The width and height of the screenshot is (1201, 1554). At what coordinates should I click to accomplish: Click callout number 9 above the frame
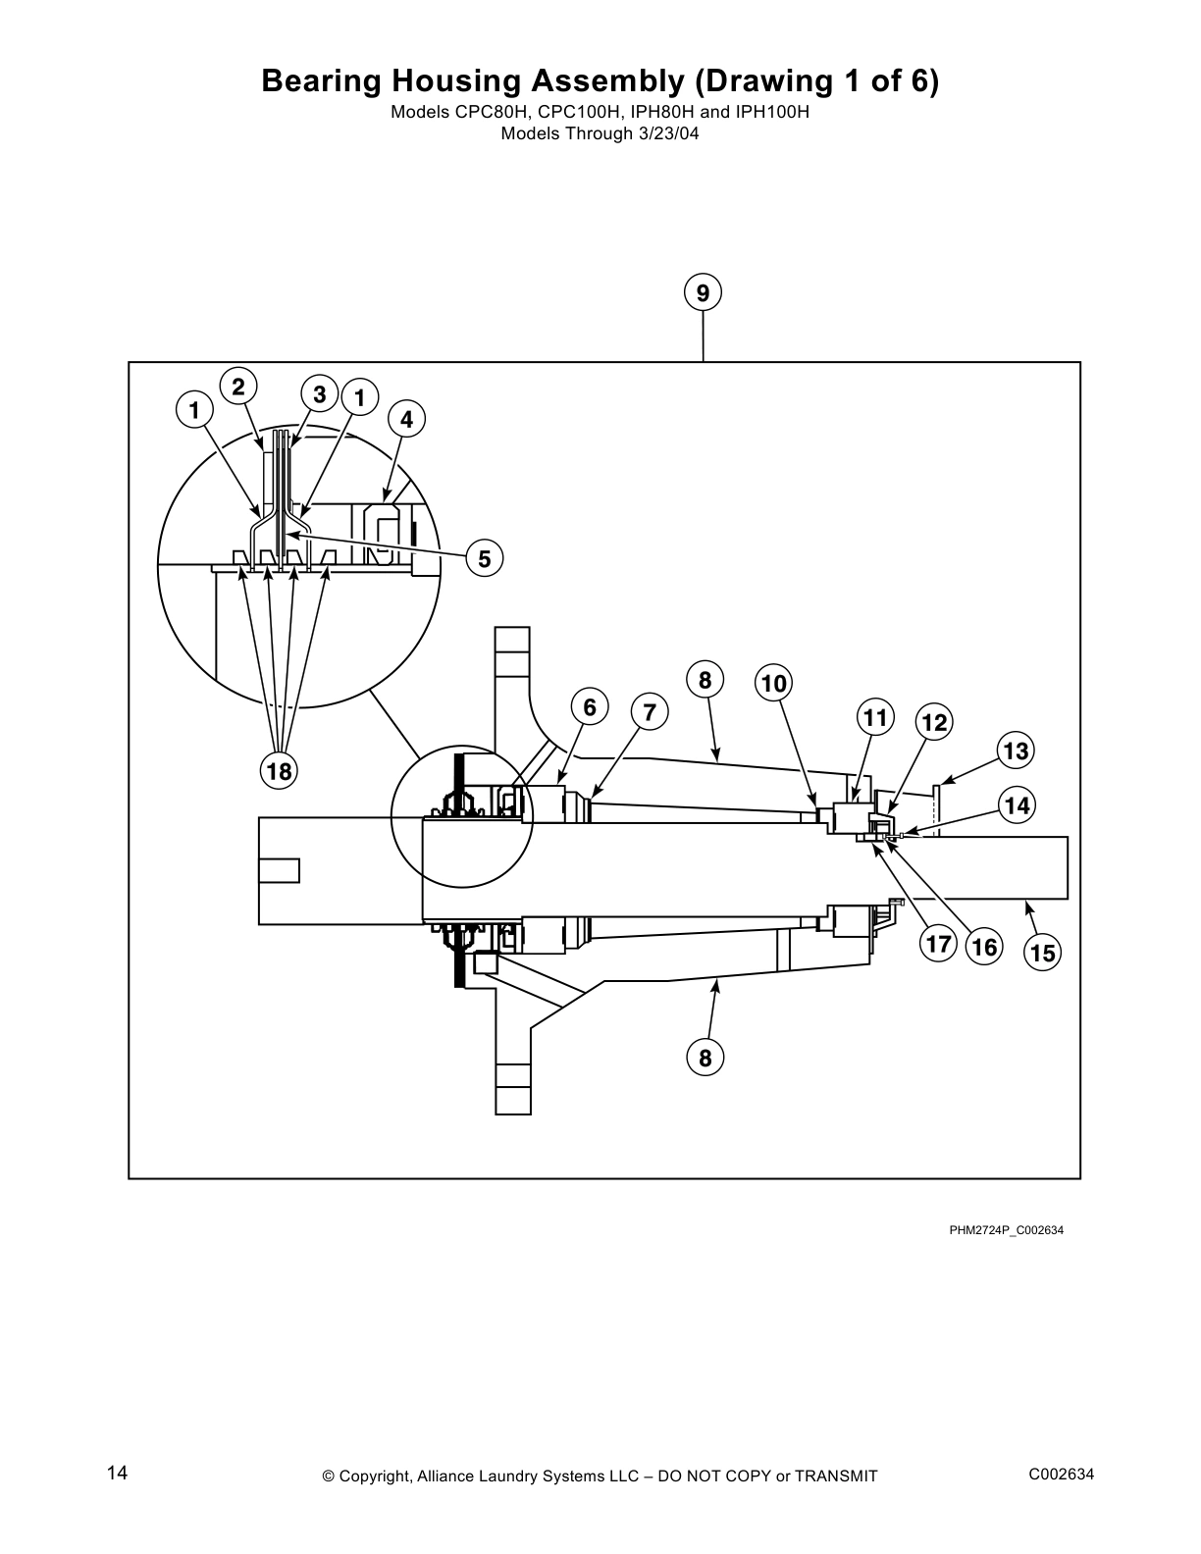coord(703,293)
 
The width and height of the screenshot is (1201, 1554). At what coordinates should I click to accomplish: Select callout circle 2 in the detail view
coord(238,386)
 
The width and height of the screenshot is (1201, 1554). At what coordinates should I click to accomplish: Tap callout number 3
coord(320,394)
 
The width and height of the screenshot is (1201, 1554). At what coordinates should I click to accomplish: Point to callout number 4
coord(407,420)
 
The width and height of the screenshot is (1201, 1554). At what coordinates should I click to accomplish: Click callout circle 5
coord(485,559)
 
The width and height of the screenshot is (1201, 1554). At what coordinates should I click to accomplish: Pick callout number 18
coord(280,771)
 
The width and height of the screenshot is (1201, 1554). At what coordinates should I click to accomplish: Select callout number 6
coord(590,707)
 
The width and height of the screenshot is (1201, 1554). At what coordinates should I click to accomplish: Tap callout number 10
coord(774,683)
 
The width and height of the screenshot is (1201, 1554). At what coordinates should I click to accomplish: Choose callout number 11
coord(875,717)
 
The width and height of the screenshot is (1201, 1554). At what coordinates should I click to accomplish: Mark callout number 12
coord(934,723)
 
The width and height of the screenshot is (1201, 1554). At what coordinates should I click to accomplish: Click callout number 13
coord(1017,751)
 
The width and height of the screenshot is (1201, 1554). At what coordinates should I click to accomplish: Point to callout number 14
coord(1018,805)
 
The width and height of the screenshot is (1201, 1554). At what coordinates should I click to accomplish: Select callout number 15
coord(1042,952)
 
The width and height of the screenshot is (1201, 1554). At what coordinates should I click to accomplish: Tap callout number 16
coord(984,947)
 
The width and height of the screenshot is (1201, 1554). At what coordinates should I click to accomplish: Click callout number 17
coord(938,944)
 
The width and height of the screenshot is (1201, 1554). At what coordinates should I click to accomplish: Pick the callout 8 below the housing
coord(705,1058)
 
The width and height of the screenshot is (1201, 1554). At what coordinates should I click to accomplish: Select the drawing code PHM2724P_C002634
coord(1006,1230)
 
